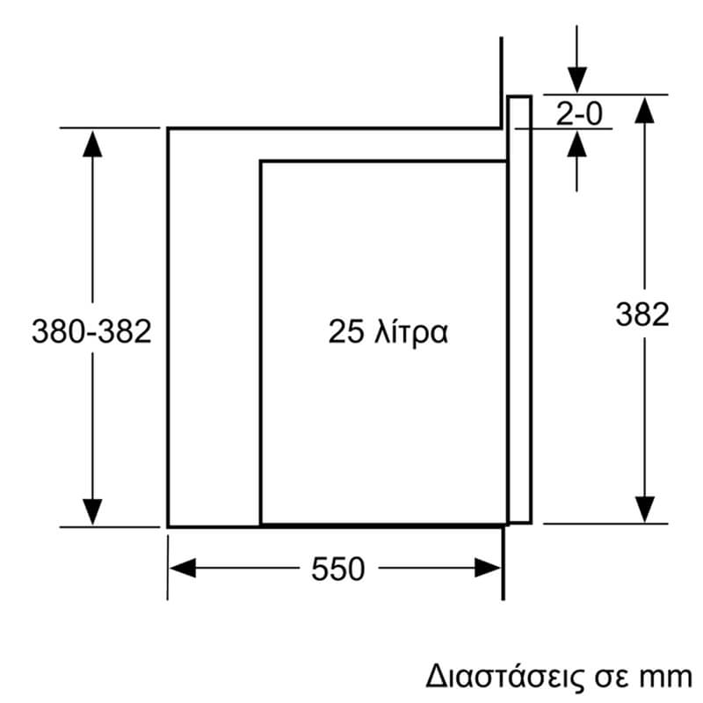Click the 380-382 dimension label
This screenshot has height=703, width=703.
[x=91, y=332]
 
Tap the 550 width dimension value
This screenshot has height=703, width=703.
[x=338, y=569]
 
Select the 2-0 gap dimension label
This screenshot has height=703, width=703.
[x=579, y=113]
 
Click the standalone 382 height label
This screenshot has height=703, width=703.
[x=642, y=315]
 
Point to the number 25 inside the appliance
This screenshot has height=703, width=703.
[x=345, y=332]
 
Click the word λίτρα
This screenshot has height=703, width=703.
[x=411, y=333]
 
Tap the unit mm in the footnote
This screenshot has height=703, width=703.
[x=670, y=678]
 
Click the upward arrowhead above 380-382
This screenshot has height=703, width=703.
[x=92, y=144]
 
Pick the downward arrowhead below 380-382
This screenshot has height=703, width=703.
[x=92, y=511]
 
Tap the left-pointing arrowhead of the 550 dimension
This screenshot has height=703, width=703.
[x=183, y=568]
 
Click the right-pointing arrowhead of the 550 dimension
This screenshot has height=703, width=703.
[x=488, y=568]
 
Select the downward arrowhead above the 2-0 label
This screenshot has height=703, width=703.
[x=577, y=80]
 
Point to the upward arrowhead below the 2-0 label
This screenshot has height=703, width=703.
[x=577, y=144]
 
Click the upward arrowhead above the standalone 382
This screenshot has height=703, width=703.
[x=645, y=110]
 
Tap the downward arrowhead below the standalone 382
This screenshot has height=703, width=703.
[x=645, y=510]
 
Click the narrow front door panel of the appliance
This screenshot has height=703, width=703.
[x=519, y=309]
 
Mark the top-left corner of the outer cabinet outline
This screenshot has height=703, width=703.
[x=168, y=128]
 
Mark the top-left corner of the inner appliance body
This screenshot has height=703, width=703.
[x=261, y=162]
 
